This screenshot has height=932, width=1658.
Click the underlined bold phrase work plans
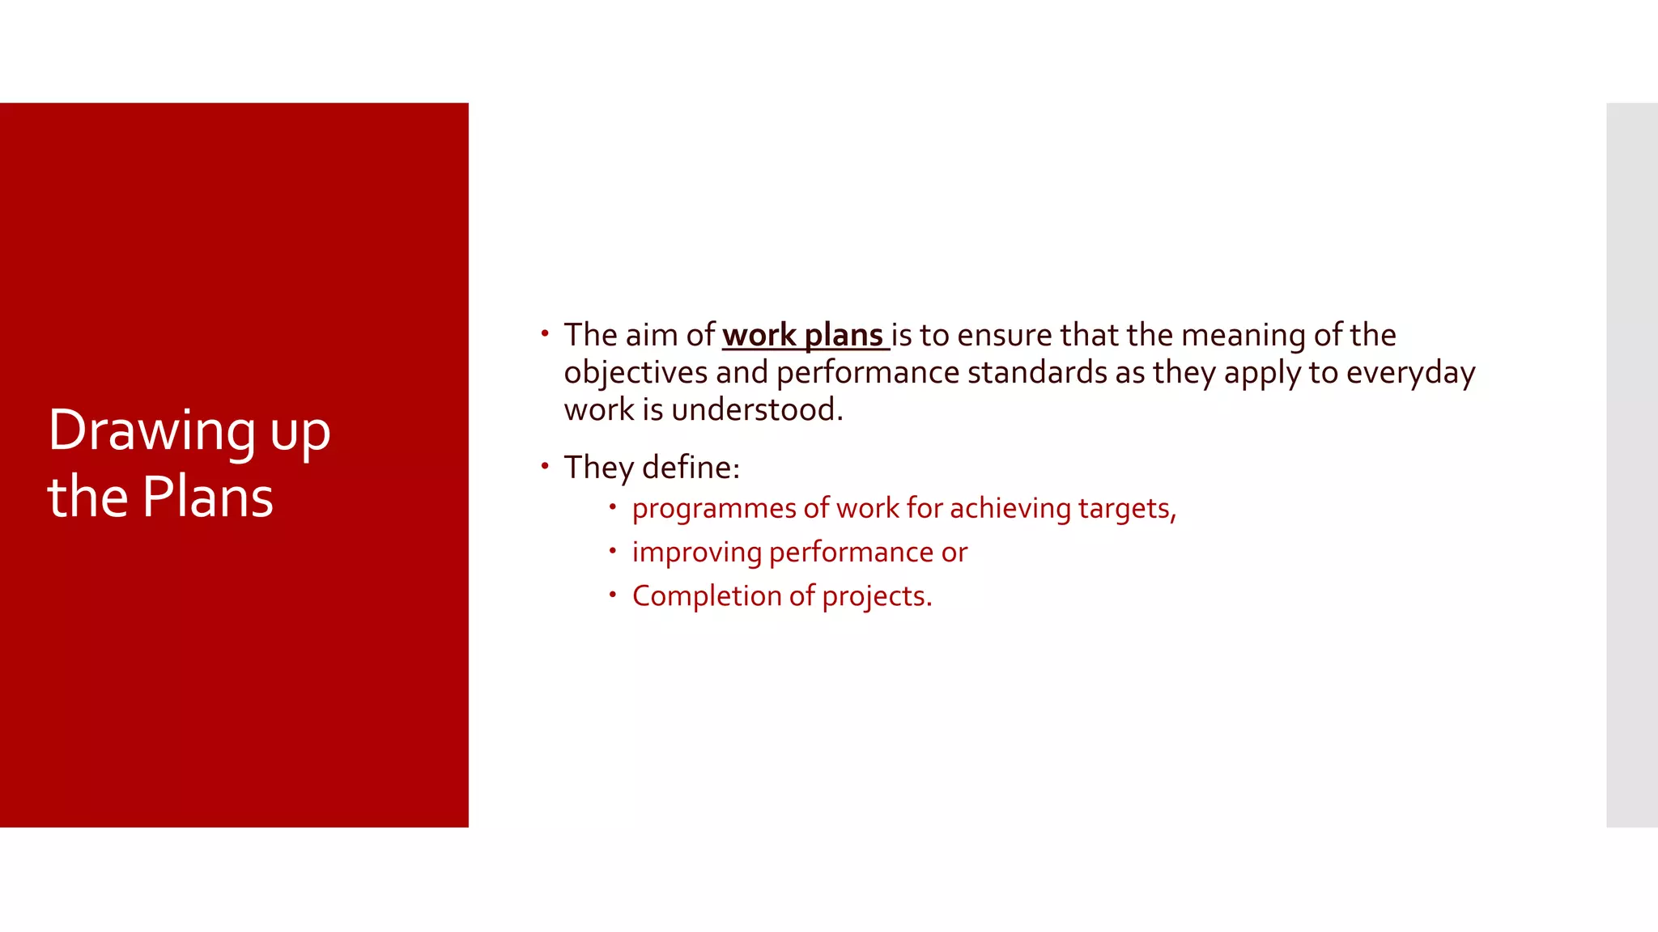(802, 335)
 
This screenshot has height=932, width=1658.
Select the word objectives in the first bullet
(636, 373)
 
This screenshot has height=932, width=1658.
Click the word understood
(757, 409)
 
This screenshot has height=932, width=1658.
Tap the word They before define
(598, 468)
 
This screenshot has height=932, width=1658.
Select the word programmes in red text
(714, 509)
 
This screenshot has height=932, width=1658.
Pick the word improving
(696, 553)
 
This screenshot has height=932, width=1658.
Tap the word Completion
(707, 596)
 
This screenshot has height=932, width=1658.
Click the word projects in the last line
(877, 596)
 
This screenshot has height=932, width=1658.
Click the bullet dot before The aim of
(545, 333)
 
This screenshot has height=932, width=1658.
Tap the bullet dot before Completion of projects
(613, 595)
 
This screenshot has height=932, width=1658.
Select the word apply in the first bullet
(1262, 373)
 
